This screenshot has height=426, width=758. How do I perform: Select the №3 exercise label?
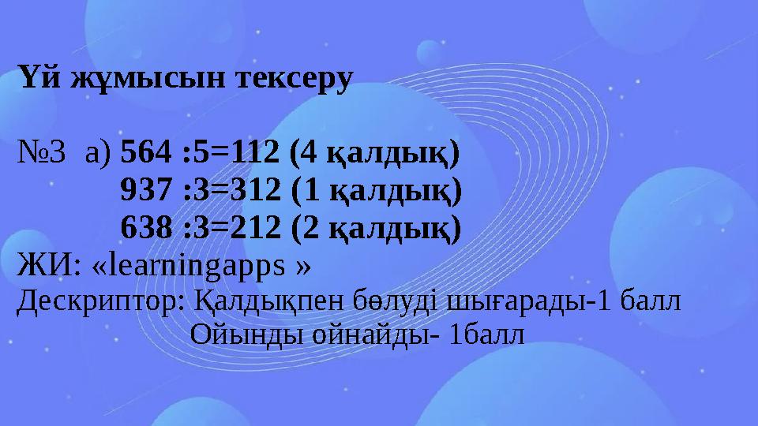(x=42, y=156)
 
